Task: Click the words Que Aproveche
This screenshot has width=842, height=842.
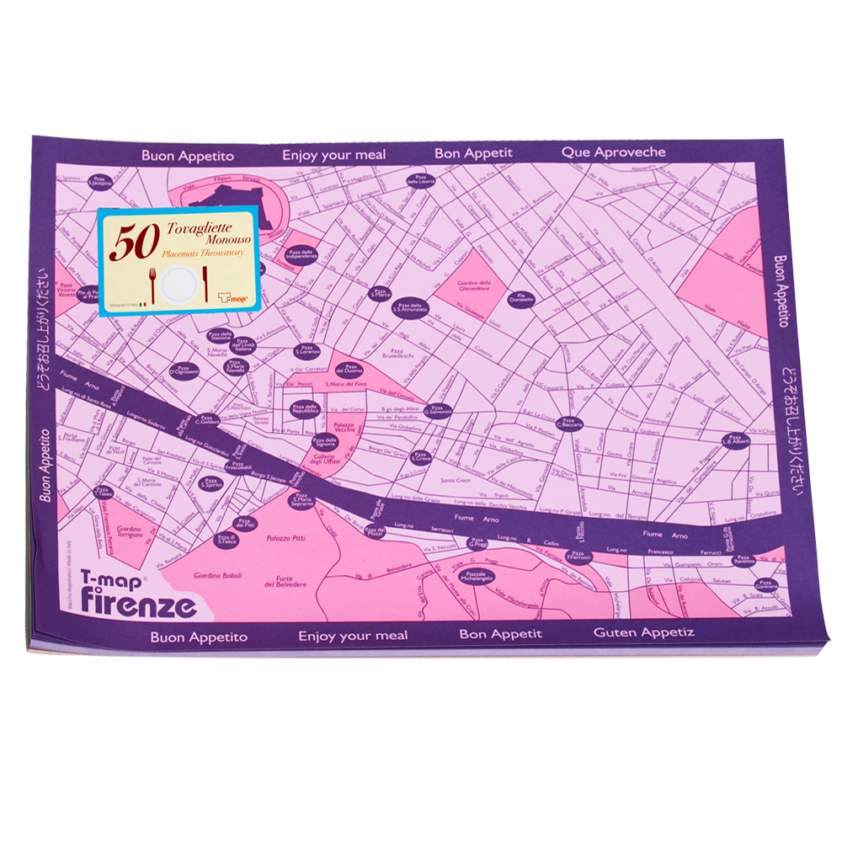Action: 613,152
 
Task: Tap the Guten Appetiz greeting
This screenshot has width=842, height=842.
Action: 644,631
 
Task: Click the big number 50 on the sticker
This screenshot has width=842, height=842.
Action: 131,242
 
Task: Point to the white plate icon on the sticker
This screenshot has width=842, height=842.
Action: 179,282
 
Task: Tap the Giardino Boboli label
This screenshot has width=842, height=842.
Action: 218,576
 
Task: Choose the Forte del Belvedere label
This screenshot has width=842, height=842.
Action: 285,580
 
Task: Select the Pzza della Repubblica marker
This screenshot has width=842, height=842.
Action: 304,409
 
